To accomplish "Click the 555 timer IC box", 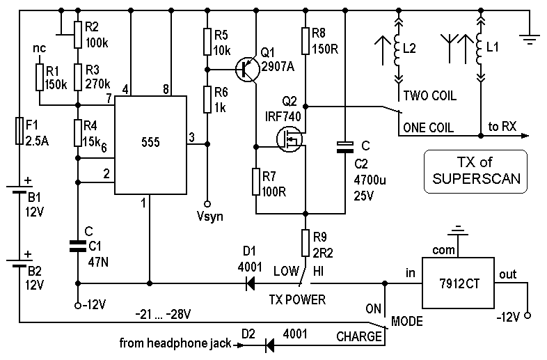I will point(150,145).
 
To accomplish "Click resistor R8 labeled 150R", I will point(306,42).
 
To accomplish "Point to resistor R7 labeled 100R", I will point(257,182).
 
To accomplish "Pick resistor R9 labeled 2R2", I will point(306,243).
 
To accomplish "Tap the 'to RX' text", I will point(502,126).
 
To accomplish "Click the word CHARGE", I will point(359,337).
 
